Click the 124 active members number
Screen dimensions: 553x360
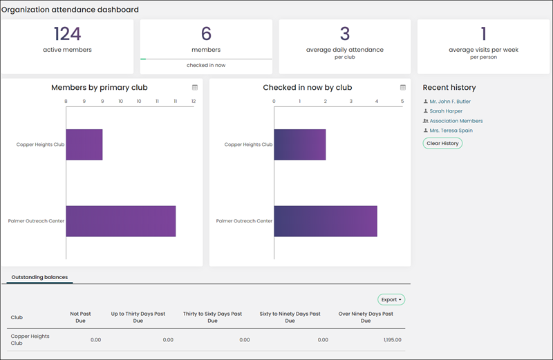click(x=67, y=34)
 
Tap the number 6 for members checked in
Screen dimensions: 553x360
click(x=206, y=34)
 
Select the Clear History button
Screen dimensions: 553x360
click(x=442, y=143)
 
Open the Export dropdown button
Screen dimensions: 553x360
click(x=391, y=299)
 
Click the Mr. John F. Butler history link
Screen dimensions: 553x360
click(x=450, y=102)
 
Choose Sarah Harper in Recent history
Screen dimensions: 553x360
click(x=446, y=111)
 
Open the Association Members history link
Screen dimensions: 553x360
click(x=456, y=121)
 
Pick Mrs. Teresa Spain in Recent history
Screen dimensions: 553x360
click(x=451, y=131)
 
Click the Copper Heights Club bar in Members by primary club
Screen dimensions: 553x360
click(x=84, y=144)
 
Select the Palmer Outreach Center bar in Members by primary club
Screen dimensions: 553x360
click(x=121, y=221)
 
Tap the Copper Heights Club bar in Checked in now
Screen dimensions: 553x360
click(x=300, y=144)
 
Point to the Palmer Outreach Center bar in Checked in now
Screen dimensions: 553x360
click(x=326, y=221)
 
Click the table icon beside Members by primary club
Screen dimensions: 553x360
click(x=195, y=88)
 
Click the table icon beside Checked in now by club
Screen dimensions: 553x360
click(x=403, y=88)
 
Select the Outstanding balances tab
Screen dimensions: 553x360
click(x=39, y=277)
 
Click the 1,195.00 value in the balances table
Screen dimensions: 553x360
click(x=393, y=340)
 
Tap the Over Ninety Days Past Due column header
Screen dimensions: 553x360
click(x=366, y=317)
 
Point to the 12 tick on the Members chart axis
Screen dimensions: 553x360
click(x=194, y=101)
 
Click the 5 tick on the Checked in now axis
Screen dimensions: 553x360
click(x=402, y=101)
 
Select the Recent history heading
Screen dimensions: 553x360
click(x=449, y=88)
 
